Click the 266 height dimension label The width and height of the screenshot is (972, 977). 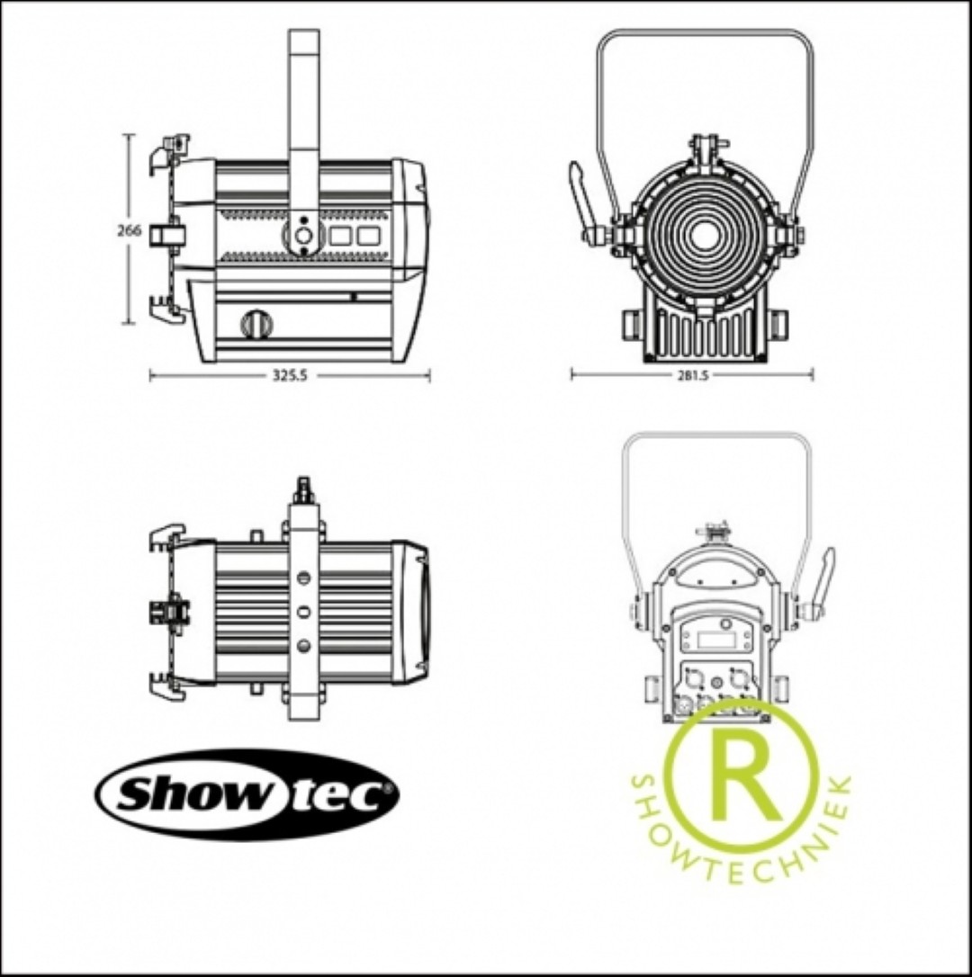pyautogui.click(x=130, y=230)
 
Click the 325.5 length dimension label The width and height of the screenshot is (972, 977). pyautogui.click(x=290, y=376)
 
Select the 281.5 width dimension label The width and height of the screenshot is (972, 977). pyautogui.click(x=693, y=375)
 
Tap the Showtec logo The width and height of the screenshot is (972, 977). pyautogui.click(x=247, y=794)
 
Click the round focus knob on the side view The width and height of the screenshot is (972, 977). pyautogui.click(x=256, y=324)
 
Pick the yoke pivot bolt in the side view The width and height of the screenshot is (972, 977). pyautogui.click(x=303, y=236)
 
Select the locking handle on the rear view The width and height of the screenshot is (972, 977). pyautogui.click(x=819, y=586)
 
